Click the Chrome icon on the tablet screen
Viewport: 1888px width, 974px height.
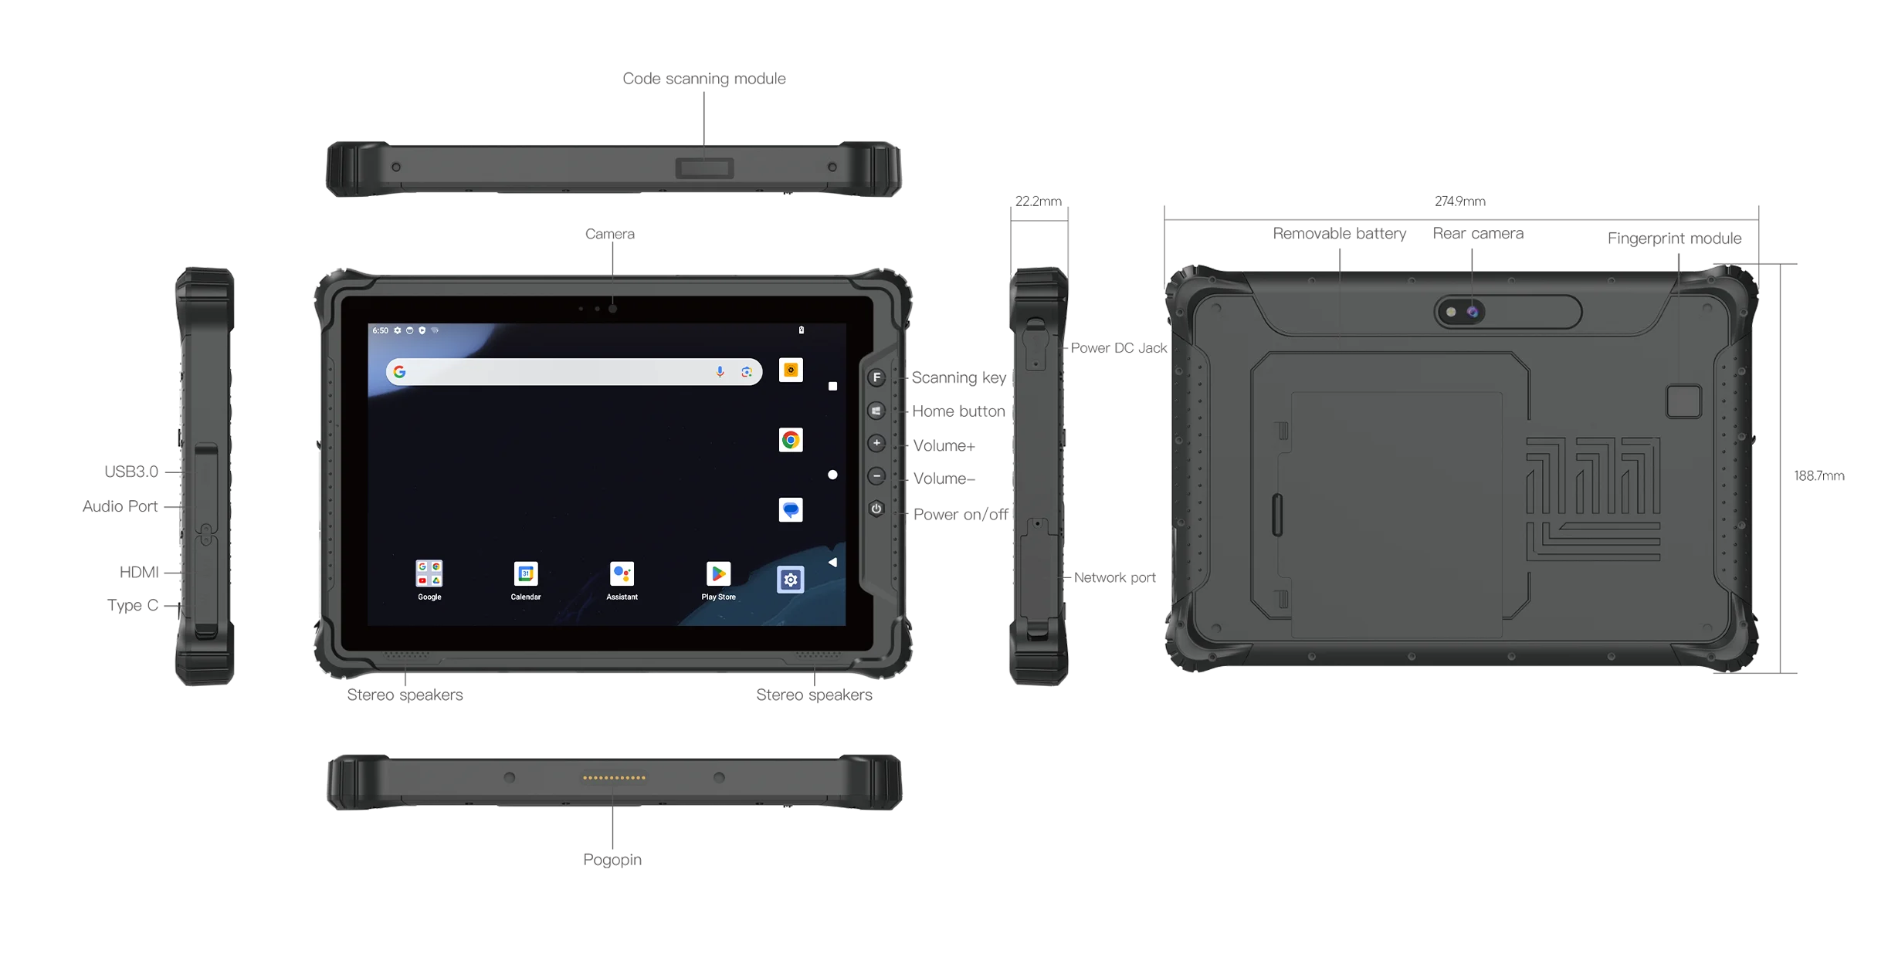click(790, 440)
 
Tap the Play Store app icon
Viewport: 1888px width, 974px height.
click(718, 573)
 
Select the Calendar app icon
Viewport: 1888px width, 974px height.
click(525, 573)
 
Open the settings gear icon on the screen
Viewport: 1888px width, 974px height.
click(790, 580)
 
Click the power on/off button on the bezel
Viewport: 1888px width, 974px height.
click(876, 509)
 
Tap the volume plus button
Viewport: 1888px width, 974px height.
click(876, 443)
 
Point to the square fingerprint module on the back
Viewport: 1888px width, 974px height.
click(1683, 401)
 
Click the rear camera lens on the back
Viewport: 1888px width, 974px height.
click(1473, 312)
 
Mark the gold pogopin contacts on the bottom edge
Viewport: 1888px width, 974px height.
click(614, 777)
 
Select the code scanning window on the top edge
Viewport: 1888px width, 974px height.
click(704, 167)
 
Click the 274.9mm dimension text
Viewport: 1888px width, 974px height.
click(1459, 201)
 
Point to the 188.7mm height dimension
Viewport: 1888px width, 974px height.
click(1819, 476)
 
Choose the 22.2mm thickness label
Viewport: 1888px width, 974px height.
click(1038, 201)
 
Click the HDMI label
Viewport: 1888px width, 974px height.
click(139, 572)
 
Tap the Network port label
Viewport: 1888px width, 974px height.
click(1114, 577)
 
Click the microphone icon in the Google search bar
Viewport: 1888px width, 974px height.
click(720, 372)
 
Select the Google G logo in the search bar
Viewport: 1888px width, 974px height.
click(399, 372)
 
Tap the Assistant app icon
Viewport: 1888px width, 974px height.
click(622, 573)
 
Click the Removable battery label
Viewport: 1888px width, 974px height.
click(1339, 233)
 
